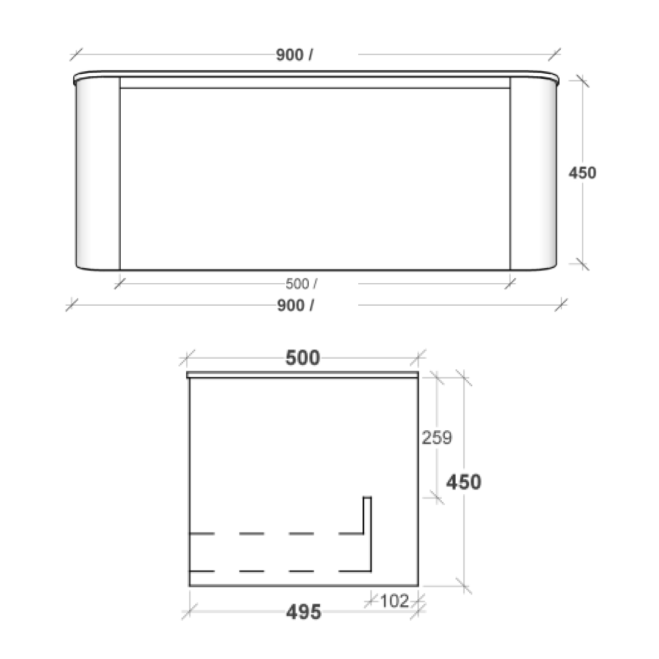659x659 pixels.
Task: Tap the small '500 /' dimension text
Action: (x=301, y=284)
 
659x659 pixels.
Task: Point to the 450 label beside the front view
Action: (x=582, y=173)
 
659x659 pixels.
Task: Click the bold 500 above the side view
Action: (x=303, y=358)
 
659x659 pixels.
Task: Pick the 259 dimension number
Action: (x=437, y=438)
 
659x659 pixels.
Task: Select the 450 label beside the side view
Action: (x=463, y=482)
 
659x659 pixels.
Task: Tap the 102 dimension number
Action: (x=394, y=601)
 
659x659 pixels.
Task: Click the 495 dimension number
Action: (x=303, y=612)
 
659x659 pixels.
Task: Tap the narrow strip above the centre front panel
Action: (x=314, y=83)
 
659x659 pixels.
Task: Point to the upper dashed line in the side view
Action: (x=275, y=533)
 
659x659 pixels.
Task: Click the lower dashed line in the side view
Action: (x=275, y=571)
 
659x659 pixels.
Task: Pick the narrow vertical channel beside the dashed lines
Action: (x=367, y=534)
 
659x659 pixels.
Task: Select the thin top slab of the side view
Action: (x=303, y=375)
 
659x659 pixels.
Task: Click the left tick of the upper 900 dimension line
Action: (x=76, y=54)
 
